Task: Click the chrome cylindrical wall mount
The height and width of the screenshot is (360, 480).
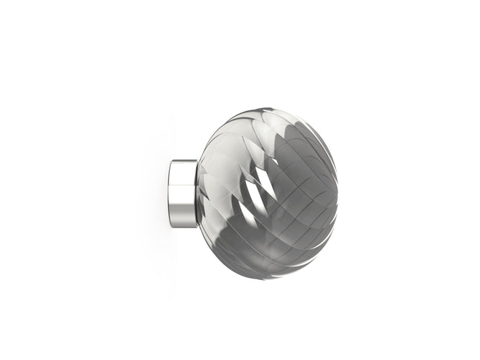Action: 184,194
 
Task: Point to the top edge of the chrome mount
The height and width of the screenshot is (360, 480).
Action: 184,161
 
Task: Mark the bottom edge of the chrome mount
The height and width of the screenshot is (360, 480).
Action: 184,226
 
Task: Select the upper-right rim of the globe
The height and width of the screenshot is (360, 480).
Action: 317,133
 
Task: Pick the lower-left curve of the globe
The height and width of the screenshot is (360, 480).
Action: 216,248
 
